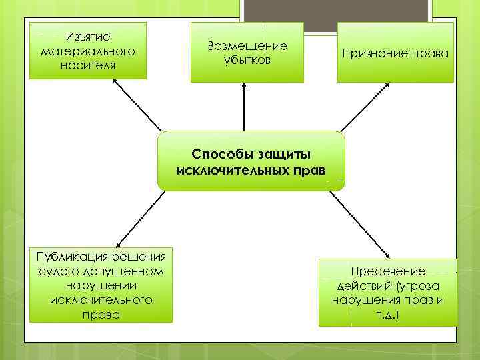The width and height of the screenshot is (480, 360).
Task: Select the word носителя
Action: tap(88, 65)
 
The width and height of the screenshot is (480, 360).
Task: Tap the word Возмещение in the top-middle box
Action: tap(247, 46)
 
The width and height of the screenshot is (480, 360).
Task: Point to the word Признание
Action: tap(375, 53)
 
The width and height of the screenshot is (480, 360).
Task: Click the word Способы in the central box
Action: tap(221, 154)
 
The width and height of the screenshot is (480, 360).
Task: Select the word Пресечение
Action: tap(388, 271)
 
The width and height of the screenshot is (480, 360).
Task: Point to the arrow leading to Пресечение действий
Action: tap(360, 223)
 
